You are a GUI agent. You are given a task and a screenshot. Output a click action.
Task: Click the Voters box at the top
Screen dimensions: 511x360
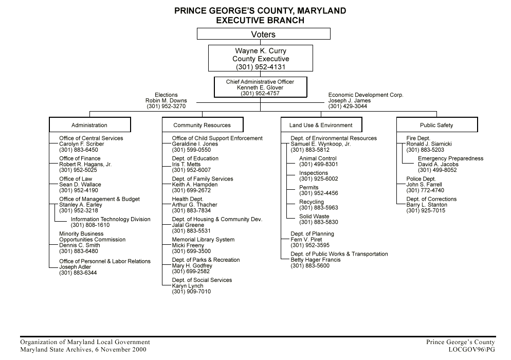pos(263,34)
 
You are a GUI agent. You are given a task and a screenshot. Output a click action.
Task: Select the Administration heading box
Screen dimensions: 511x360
pos(90,125)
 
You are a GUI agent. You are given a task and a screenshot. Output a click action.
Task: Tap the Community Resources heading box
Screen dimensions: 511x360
pos(203,125)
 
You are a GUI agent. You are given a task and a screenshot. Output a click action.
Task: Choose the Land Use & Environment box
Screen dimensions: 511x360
pos(321,125)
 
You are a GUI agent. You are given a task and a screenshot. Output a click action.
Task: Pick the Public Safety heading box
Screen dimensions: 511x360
pos(437,125)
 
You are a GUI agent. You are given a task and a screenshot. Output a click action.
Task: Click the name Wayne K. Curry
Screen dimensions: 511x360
pos(261,51)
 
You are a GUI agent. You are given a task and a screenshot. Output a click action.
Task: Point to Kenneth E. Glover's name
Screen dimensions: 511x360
pos(260,87)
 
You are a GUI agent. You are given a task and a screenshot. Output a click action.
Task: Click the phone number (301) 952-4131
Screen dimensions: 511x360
pos(261,67)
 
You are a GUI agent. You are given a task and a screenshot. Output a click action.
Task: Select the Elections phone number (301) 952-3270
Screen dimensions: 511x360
pos(166,106)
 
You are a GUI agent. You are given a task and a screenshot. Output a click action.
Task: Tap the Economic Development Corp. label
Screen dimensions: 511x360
pos(366,95)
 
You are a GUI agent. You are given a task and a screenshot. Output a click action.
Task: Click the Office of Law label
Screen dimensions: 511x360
pos(76,178)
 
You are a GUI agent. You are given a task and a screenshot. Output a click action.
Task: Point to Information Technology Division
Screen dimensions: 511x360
pos(111,219)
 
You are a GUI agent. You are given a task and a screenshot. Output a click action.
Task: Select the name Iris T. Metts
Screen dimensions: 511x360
pos(186,165)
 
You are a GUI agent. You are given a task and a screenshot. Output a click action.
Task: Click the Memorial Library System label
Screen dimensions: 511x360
pos(203,239)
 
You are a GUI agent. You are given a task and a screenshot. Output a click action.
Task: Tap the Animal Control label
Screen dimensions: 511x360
pos(318,158)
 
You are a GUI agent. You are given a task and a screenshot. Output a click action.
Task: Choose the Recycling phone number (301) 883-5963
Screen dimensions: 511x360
pos(318,208)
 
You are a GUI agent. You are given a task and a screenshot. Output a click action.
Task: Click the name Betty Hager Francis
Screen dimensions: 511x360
pos(316,260)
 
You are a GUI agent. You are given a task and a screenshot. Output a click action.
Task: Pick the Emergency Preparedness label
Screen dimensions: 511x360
pos(451,158)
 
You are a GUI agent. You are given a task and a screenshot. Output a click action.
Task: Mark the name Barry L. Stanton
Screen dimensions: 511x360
pos(427,205)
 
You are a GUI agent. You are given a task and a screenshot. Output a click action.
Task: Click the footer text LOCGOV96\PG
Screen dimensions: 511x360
pos(471,350)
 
